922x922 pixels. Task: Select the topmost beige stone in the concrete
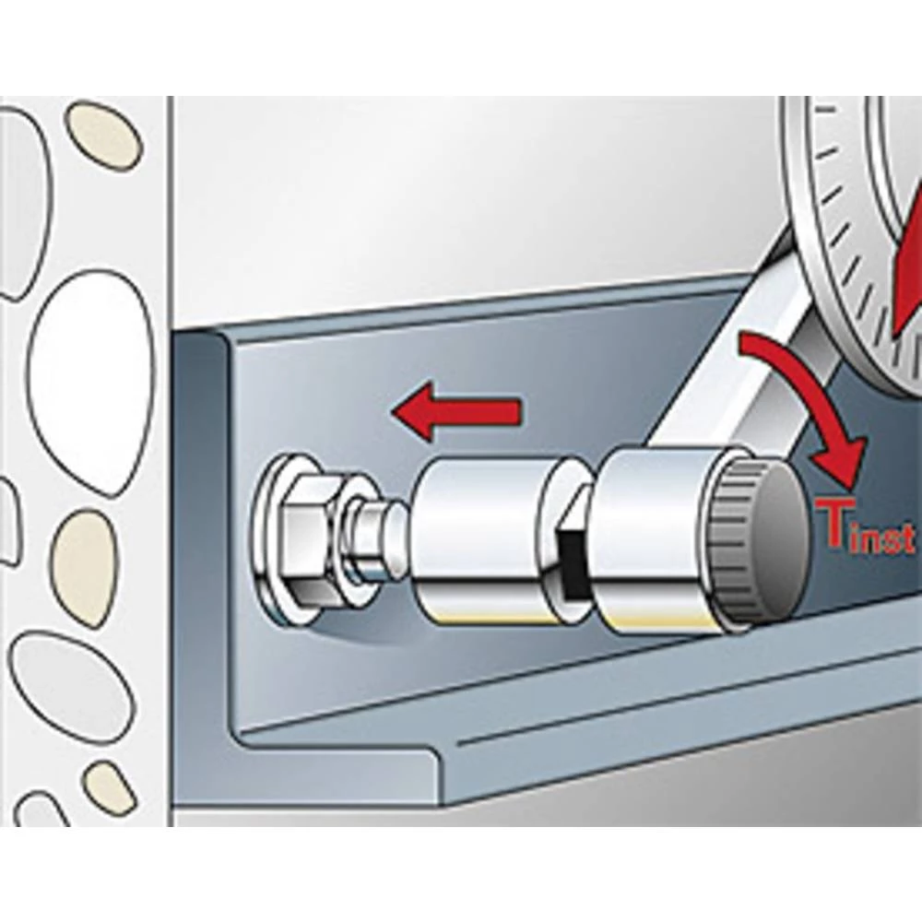[x=101, y=134]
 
